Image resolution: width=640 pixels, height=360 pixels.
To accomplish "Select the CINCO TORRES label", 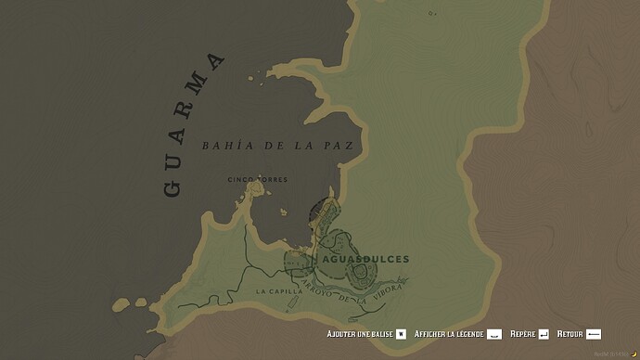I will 258,179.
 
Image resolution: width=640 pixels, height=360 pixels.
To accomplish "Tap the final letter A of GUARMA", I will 216,63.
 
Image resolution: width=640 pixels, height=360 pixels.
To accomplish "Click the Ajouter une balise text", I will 359,333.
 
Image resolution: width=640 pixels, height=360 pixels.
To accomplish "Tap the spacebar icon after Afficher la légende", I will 494,333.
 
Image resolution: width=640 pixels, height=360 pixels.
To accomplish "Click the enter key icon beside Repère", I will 544,333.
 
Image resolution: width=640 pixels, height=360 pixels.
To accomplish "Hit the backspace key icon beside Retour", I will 595,333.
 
